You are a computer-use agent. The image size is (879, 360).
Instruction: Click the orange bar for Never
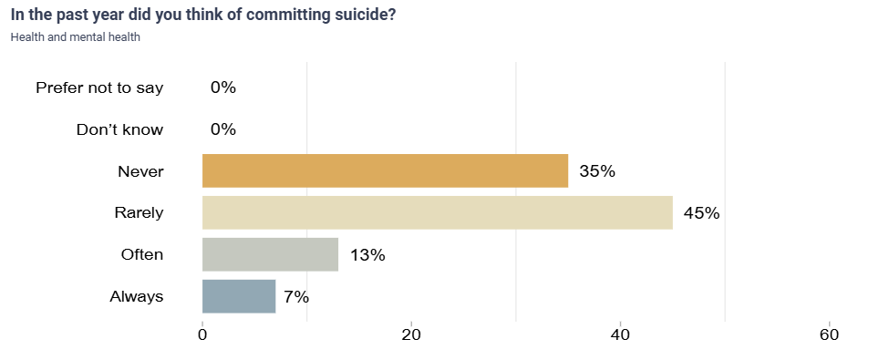(385, 171)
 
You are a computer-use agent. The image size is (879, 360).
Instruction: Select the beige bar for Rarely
(437, 212)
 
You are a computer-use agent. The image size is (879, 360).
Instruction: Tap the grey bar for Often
(270, 254)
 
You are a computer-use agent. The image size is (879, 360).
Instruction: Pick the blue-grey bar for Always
(238, 296)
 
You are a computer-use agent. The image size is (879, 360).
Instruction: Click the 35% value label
(597, 171)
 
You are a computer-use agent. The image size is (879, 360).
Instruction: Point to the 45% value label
(702, 213)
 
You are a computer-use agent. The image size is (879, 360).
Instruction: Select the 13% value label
(367, 255)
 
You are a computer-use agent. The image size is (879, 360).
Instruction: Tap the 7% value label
(296, 296)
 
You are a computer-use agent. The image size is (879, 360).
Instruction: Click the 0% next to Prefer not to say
(223, 87)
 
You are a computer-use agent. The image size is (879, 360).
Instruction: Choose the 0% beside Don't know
(223, 129)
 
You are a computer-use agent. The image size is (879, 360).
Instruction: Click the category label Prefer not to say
(99, 87)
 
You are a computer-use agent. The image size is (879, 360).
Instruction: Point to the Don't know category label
(119, 129)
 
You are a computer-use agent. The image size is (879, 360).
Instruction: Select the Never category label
(140, 171)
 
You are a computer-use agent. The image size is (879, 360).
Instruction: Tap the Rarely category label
(139, 213)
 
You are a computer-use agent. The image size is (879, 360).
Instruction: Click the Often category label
(142, 254)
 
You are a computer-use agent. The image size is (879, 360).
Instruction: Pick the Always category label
(137, 296)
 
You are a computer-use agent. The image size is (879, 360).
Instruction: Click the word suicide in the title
(365, 15)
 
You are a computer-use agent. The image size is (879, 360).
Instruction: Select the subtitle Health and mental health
(75, 37)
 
